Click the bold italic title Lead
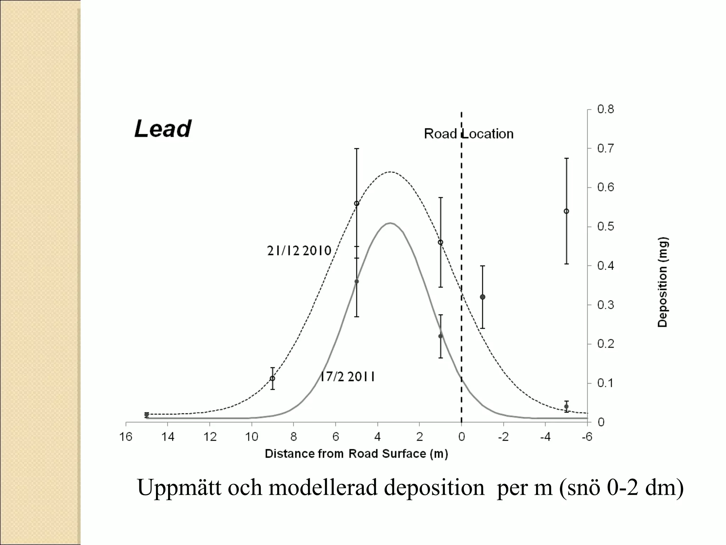pyautogui.click(x=163, y=128)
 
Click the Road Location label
pyautogui.click(x=468, y=134)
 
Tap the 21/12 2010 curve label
pyautogui.click(x=299, y=251)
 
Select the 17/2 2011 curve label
pyautogui.click(x=347, y=376)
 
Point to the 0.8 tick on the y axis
pyautogui.click(x=605, y=109)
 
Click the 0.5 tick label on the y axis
pyautogui.click(x=605, y=226)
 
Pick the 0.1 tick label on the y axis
pyautogui.click(x=605, y=383)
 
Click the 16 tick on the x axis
pyautogui.click(x=126, y=437)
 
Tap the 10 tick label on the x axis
pyautogui.click(x=252, y=437)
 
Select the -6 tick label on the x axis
pyautogui.click(x=587, y=437)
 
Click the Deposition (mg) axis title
pyautogui.click(x=662, y=282)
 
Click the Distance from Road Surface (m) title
pyautogui.click(x=356, y=454)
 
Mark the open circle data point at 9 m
pyautogui.click(x=272, y=378)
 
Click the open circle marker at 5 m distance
pyautogui.click(x=357, y=204)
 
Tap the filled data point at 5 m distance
pyautogui.click(x=357, y=281)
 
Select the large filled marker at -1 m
pyautogui.click(x=482, y=297)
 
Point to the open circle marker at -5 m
pyautogui.click(x=566, y=211)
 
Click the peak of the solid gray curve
pyautogui.click(x=390, y=223)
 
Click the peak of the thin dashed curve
pyautogui.click(x=390, y=172)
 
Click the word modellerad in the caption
pyautogui.click(x=323, y=488)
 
